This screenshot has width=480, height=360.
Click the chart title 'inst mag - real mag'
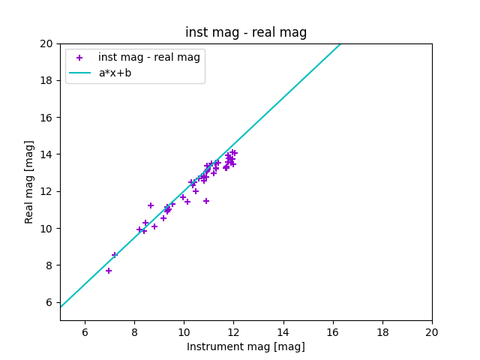point(246,32)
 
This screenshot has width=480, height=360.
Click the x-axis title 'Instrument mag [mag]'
point(246,346)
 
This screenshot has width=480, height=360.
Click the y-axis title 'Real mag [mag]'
point(30,181)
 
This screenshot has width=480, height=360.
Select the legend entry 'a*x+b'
point(115,73)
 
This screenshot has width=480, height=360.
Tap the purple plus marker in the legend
point(79,58)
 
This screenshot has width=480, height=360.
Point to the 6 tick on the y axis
point(49,302)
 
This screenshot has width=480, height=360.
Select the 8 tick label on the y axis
point(49,265)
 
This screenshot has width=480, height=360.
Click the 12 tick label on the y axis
point(46,191)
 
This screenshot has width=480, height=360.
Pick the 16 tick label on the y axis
point(46,118)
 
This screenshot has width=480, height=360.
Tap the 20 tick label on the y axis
point(46,43)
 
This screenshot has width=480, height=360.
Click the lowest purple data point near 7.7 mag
point(109,271)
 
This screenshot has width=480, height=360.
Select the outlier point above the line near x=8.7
point(151,205)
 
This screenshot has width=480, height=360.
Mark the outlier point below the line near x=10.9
point(206,201)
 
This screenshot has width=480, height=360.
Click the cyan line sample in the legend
point(79,73)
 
